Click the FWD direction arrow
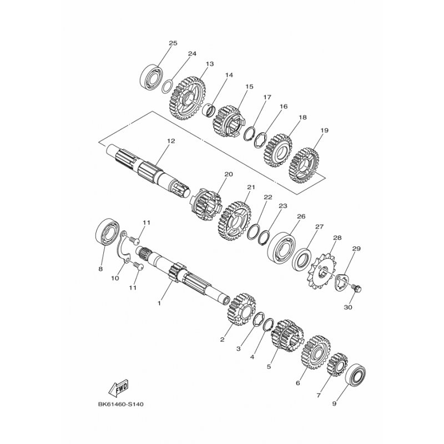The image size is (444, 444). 119,387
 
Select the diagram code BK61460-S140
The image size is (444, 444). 120,405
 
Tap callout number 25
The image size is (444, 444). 173,43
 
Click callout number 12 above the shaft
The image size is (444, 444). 171,141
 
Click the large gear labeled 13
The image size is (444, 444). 188,98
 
